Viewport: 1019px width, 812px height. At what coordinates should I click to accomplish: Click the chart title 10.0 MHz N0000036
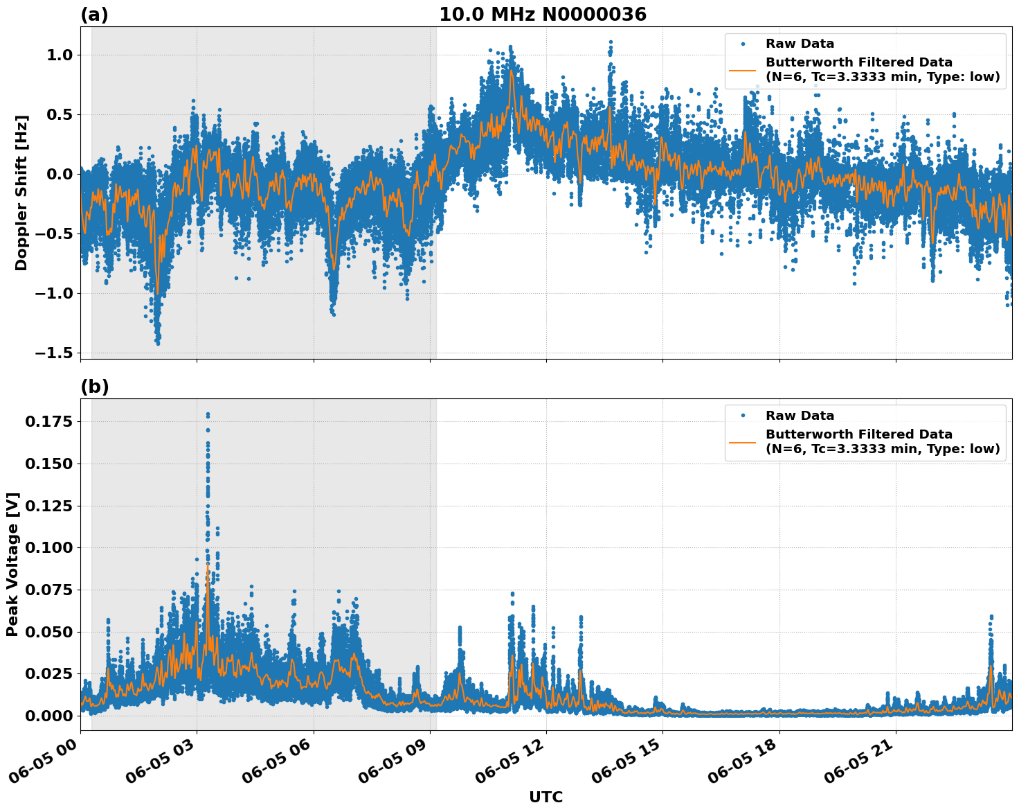[x=542, y=15]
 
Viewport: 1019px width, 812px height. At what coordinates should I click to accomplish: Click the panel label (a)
[x=94, y=15]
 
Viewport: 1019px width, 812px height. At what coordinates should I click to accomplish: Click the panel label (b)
[x=94, y=387]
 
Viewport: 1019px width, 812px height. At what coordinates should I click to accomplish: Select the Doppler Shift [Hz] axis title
[x=21, y=193]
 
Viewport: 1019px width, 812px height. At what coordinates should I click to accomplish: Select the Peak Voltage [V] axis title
[x=12, y=565]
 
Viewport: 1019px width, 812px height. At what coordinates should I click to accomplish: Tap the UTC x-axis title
[x=545, y=797]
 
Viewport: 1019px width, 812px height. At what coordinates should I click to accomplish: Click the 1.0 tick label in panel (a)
[x=59, y=55]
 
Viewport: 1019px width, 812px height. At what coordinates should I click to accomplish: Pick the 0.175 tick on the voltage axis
[x=48, y=421]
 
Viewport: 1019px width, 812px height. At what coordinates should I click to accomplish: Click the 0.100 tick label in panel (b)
[x=48, y=547]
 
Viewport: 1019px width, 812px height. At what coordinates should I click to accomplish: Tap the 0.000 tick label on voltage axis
[x=48, y=716]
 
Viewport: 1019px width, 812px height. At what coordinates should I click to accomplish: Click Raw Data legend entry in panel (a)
[x=800, y=44]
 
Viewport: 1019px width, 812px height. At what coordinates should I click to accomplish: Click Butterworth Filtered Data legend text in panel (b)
[x=882, y=441]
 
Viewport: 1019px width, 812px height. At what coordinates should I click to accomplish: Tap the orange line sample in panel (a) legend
[x=742, y=70]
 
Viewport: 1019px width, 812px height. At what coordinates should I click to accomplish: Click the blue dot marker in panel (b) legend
[x=742, y=416]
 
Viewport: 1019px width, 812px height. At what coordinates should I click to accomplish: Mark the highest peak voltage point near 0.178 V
[x=208, y=414]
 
